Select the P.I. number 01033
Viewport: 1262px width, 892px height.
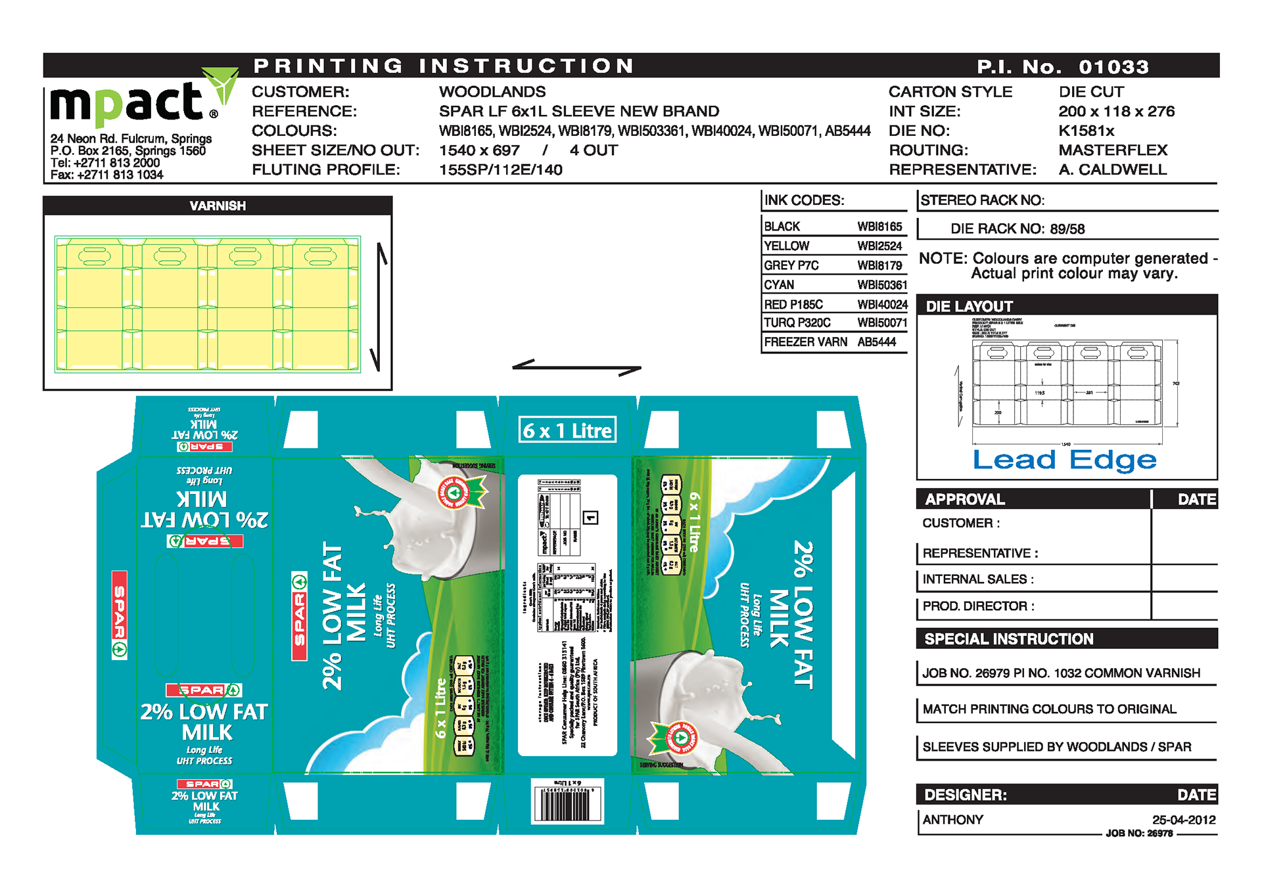point(1113,67)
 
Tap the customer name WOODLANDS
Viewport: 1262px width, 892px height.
point(492,92)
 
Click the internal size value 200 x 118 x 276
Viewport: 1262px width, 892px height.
point(1116,112)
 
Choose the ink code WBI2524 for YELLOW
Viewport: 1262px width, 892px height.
point(879,246)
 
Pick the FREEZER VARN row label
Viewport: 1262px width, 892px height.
point(805,342)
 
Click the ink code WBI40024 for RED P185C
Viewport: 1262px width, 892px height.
point(882,305)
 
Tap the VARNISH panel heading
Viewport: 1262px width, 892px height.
point(218,206)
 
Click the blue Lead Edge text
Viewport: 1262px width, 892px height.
point(1064,460)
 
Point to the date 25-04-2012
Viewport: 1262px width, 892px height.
point(1183,820)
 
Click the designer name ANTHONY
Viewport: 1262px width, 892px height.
point(952,820)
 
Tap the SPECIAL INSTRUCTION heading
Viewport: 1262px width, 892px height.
point(1008,639)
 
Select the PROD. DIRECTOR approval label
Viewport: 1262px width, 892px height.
point(978,606)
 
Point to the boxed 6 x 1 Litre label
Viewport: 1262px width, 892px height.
point(567,430)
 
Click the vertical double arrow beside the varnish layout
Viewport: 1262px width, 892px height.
point(379,307)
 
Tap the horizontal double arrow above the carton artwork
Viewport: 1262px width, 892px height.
point(576,367)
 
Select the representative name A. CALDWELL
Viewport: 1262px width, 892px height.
point(1112,169)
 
